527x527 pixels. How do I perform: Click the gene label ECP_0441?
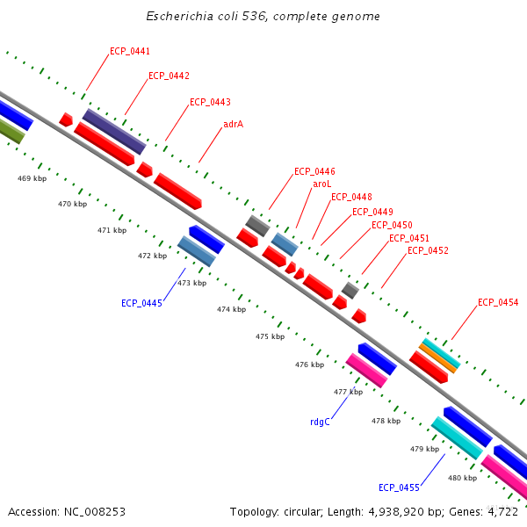pos(130,51)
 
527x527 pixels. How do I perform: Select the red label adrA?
pos(233,124)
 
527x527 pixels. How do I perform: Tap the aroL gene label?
pos(322,184)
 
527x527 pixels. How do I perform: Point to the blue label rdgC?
pos(320,422)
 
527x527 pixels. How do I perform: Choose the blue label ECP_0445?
pos(141,303)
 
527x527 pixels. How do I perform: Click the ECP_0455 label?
pos(399,487)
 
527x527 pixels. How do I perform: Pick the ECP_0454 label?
pos(498,302)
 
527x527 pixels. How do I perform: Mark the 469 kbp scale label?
pos(32,178)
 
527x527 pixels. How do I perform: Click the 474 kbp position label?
pos(231,309)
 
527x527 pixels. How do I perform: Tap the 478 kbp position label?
pos(386,421)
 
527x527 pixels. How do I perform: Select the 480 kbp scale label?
pos(462,478)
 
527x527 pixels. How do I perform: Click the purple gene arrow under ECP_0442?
pos(114,132)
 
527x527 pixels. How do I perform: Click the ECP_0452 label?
pos(428,250)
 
